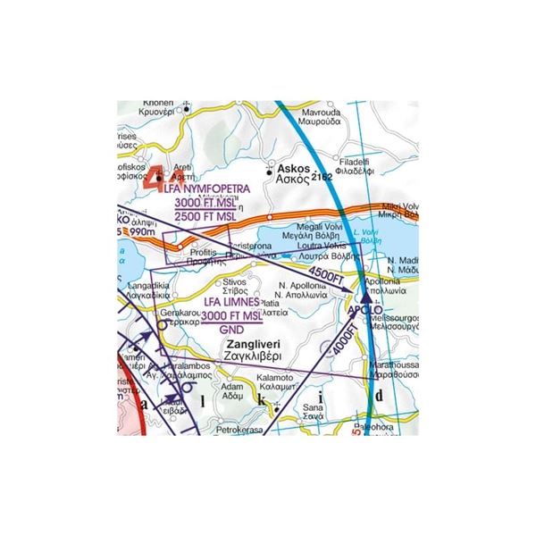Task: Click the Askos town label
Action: tap(293, 167)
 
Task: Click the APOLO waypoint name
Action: tap(364, 312)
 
